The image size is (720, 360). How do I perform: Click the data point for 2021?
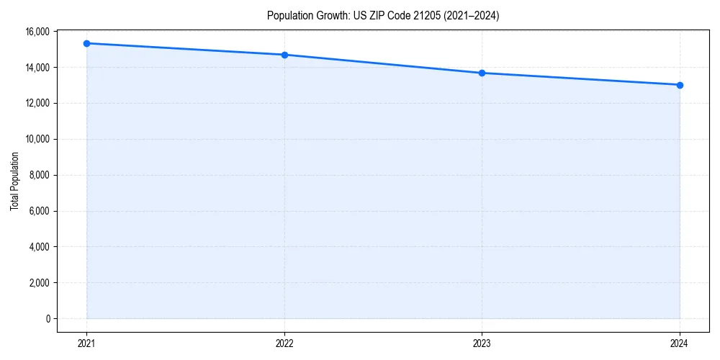[x=86, y=43]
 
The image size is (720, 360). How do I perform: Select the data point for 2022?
[x=284, y=55]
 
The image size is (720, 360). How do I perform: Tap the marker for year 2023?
[x=482, y=73]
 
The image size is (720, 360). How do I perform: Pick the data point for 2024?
[x=680, y=85]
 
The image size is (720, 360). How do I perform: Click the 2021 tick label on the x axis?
[x=86, y=343]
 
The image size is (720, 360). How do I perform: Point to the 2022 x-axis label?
[x=284, y=343]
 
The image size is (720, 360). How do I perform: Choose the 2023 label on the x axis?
[x=482, y=343]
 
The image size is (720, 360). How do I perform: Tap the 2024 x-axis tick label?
[x=680, y=343]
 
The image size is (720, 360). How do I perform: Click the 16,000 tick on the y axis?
[x=37, y=32]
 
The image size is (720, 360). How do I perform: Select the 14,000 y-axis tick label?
[x=37, y=68]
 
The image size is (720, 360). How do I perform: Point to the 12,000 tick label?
[x=37, y=103]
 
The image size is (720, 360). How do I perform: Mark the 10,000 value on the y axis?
[x=37, y=139]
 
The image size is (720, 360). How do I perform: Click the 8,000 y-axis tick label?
[x=39, y=175]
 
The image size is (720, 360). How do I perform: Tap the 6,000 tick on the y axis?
[x=39, y=211]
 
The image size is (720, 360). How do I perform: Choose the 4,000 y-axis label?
[x=39, y=247]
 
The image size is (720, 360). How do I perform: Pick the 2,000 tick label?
[x=39, y=283]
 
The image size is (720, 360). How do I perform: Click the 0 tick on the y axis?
[x=48, y=318]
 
